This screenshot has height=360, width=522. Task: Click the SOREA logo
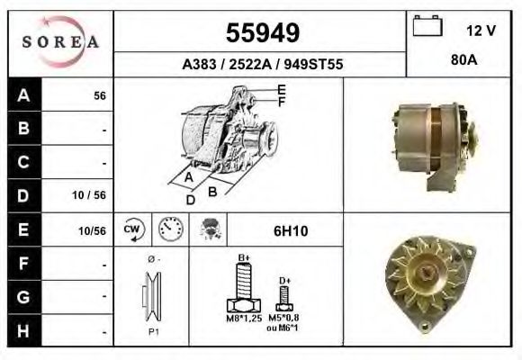60,41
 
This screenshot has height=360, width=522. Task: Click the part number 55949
261,33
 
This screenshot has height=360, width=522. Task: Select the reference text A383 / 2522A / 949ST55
262,65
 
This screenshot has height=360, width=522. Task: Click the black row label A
22,95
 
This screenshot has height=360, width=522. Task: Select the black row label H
22,331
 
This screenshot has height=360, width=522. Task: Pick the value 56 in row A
100,96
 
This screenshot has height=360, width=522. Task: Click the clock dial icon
168,229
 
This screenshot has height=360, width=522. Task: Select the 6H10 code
291,230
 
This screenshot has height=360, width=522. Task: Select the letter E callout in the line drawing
282,89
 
